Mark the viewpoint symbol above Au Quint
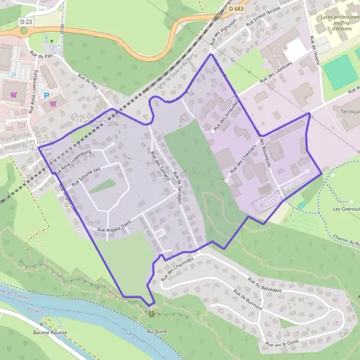151,313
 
